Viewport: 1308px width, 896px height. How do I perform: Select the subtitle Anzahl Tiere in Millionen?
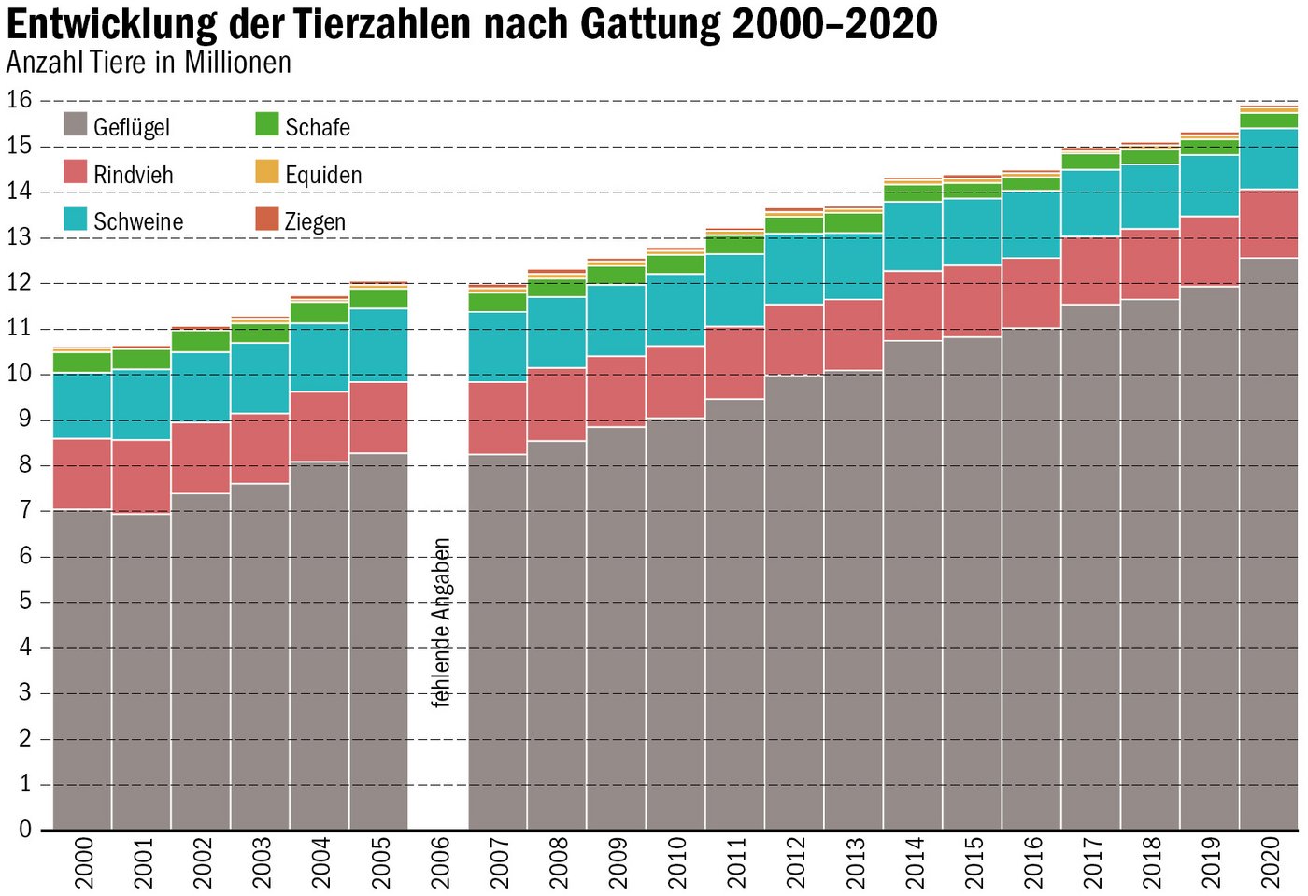point(149,63)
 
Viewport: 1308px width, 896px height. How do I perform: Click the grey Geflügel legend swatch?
point(76,124)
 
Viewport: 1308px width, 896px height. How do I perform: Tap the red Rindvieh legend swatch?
point(76,172)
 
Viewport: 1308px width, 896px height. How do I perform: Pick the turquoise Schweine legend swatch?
point(76,220)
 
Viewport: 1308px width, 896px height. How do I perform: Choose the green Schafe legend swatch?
point(267,124)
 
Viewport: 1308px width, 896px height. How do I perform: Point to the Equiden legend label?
point(322,175)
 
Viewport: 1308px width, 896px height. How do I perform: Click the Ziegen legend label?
point(315,222)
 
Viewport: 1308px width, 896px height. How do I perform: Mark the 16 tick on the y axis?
point(19,100)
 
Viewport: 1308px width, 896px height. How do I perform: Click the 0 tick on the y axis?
point(25,830)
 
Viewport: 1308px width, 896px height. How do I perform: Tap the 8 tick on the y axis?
point(25,464)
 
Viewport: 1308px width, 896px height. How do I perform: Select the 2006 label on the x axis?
point(439,862)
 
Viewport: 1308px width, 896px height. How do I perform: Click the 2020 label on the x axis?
point(1270,862)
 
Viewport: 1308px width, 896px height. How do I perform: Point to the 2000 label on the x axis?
point(83,862)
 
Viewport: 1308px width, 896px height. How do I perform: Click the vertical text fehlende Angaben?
point(441,622)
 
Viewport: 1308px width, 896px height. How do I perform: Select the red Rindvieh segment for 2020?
point(1269,223)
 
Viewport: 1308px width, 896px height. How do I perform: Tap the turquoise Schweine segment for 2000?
point(82,405)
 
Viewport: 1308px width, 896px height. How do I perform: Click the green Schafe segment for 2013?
point(853,222)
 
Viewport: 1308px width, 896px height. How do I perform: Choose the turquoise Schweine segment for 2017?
point(1090,203)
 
